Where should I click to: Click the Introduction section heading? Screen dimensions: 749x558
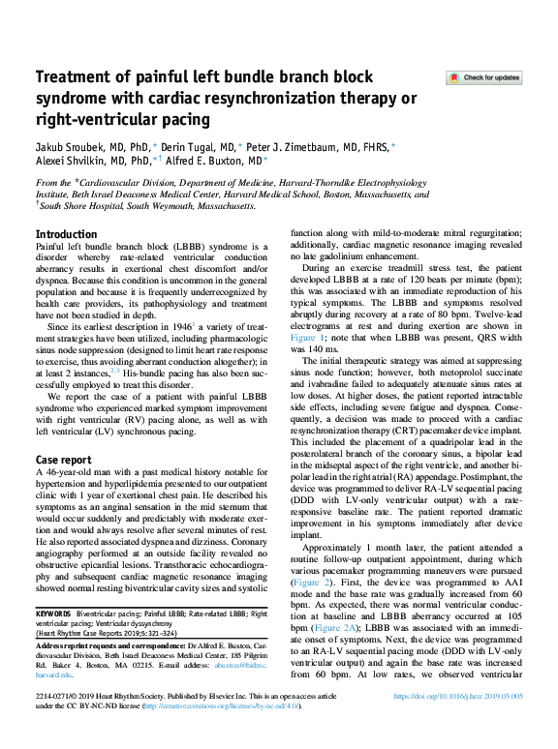coord(66,234)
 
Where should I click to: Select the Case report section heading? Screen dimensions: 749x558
coord(65,459)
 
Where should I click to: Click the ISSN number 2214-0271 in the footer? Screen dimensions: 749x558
coord(54,723)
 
